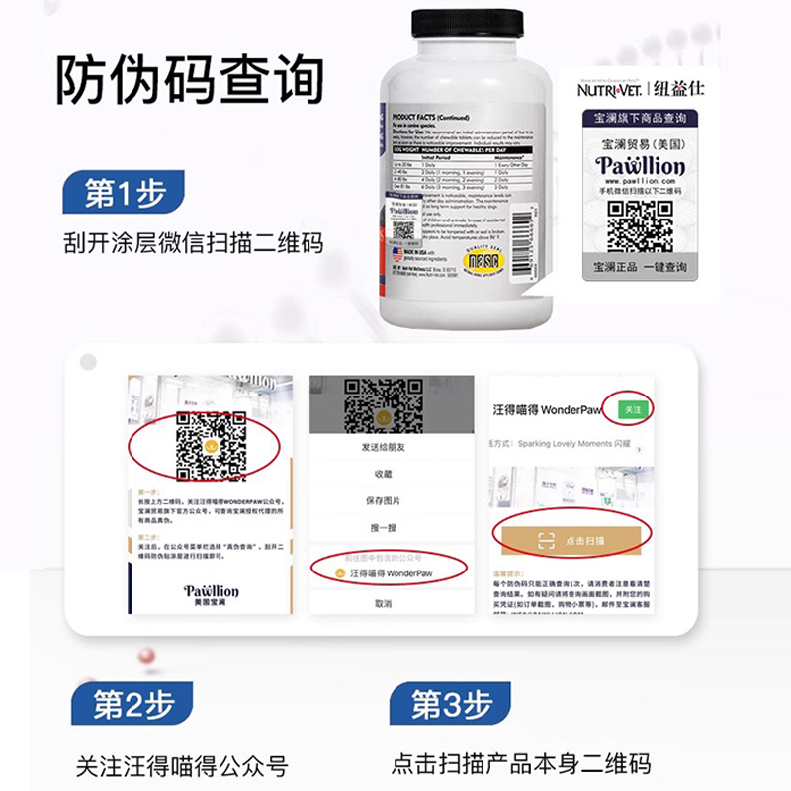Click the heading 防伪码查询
(189, 81)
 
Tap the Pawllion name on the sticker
(641, 165)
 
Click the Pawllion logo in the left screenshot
(211, 592)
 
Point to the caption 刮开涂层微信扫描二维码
(204, 242)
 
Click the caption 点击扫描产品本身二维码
(521, 763)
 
